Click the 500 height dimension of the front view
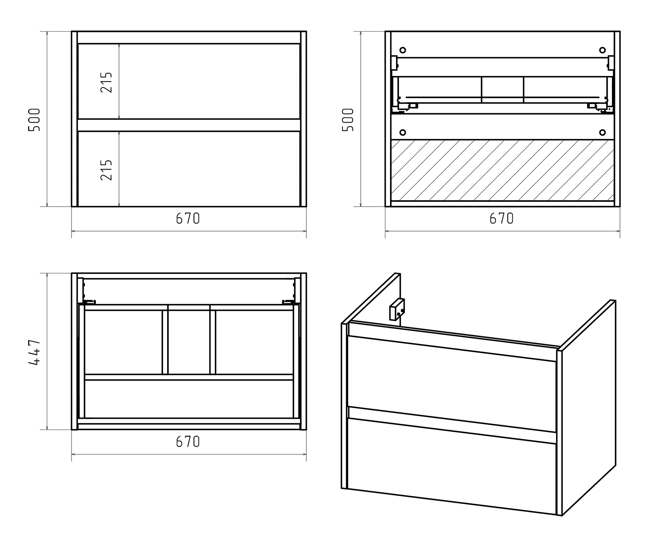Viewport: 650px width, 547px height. point(35,119)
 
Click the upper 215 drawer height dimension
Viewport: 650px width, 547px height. point(106,82)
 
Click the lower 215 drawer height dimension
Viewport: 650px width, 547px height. point(106,169)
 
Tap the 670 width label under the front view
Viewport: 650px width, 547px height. point(188,218)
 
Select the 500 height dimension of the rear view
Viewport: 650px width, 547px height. point(348,119)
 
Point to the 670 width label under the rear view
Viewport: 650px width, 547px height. point(502,218)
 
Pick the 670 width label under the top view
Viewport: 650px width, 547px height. point(188,441)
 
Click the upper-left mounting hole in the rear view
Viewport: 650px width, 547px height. point(403,50)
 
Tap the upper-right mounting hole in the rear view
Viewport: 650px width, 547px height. point(602,50)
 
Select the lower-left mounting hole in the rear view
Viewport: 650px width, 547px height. point(403,132)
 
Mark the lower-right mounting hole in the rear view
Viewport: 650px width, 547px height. point(602,132)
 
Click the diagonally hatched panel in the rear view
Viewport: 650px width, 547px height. point(503,170)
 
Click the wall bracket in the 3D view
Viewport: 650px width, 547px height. point(397,309)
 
